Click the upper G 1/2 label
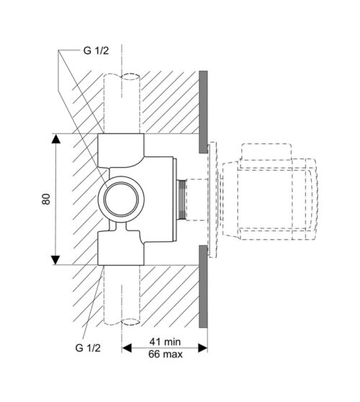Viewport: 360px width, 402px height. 96,50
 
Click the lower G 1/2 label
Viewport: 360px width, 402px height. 88,348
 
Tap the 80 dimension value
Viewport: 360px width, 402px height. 46,199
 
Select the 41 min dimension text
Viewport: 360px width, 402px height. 166,341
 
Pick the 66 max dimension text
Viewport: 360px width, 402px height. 166,354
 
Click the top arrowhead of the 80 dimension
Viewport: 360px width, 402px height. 55,139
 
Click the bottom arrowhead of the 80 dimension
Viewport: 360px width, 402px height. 55,259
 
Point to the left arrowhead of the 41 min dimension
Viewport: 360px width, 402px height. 127,348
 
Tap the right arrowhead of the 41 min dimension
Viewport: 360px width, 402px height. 202,348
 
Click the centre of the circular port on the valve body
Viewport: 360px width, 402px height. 121,199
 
